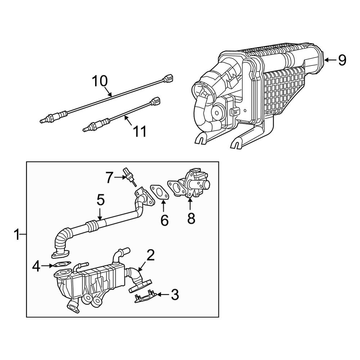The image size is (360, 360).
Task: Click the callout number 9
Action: (342, 60)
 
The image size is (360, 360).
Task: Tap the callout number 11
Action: (139, 131)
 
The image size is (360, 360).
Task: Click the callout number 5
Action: (100, 200)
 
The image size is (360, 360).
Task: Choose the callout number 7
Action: (112, 177)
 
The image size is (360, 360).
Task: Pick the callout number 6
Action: (164, 220)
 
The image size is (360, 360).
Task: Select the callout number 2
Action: (150, 255)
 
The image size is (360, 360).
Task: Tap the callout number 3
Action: (174, 294)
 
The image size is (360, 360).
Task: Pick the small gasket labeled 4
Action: (62, 266)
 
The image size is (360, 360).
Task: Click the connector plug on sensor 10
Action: (169, 77)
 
